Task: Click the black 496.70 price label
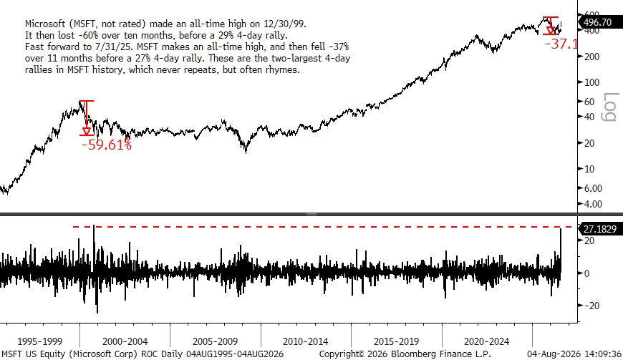[597, 22]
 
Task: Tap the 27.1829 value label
[599, 229]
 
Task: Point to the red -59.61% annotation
[107, 145]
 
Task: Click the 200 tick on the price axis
[591, 57]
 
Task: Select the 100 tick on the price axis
[591, 82]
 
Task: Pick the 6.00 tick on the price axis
[593, 188]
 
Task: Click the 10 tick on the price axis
[589, 169]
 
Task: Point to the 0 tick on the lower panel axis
[586, 273]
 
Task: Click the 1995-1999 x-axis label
[39, 341]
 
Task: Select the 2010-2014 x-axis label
[305, 341]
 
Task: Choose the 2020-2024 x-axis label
[486, 341]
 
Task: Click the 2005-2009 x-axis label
[215, 341]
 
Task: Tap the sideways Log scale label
[610, 107]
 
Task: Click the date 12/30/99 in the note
[284, 24]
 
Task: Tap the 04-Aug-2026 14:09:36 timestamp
[574, 354]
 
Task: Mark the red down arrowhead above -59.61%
[87, 131]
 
